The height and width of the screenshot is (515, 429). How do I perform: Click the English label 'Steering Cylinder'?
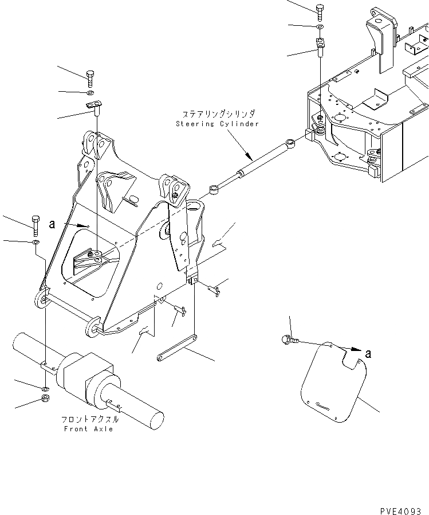[218, 124]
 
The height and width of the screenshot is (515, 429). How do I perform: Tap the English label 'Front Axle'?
[88, 429]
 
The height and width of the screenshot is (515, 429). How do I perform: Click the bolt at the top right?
[320, 11]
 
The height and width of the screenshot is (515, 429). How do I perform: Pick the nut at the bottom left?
[45, 399]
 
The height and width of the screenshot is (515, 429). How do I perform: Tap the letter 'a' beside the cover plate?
[368, 354]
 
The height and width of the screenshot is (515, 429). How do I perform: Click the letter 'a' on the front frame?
[52, 224]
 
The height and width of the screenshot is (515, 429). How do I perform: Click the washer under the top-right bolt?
[320, 27]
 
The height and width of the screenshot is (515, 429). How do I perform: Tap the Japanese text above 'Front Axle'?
[88, 420]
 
